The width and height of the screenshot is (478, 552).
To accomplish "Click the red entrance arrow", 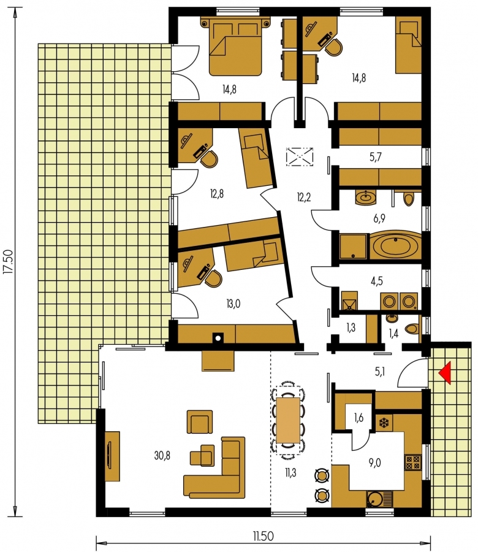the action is [x=446, y=374].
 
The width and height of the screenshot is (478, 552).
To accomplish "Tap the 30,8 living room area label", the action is [x=162, y=456].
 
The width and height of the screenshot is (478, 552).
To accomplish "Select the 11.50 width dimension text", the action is [x=263, y=536].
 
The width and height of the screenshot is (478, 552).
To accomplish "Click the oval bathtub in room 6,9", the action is [x=395, y=246].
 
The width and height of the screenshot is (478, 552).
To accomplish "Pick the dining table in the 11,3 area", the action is [x=288, y=420].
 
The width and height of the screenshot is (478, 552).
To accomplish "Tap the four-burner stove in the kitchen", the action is [x=413, y=462].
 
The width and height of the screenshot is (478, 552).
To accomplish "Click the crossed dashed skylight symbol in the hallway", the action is [x=300, y=157].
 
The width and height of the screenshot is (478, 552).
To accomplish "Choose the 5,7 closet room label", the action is [x=376, y=157].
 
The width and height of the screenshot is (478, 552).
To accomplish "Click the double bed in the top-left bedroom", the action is [x=237, y=47].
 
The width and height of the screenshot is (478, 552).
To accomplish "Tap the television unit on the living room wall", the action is [x=112, y=456].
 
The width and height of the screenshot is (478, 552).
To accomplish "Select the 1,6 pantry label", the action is [x=358, y=418].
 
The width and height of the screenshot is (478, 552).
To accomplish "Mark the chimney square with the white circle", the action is [x=218, y=338].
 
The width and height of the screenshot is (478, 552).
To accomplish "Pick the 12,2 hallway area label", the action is [x=303, y=197].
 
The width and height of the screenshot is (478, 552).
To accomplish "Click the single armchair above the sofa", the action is [x=200, y=421].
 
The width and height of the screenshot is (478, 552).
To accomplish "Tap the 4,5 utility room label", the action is [x=376, y=281].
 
